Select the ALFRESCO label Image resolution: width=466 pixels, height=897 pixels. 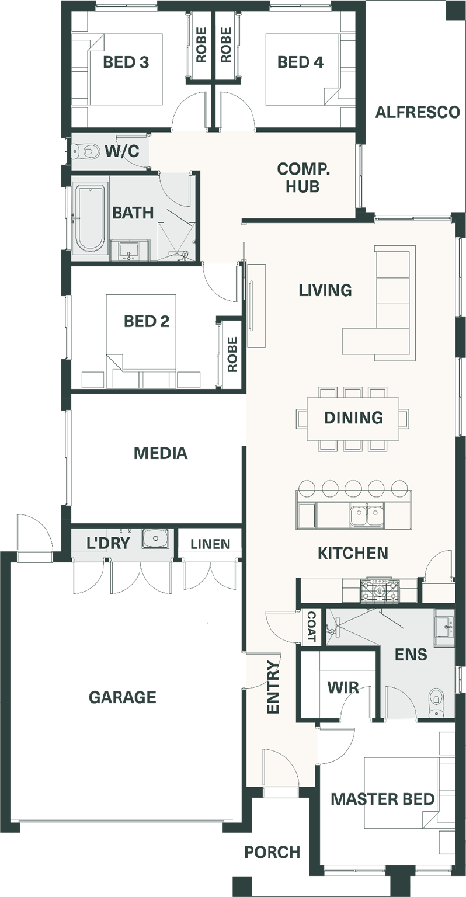[x=418, y=112]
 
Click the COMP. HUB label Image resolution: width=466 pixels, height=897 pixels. [x=304, y=178]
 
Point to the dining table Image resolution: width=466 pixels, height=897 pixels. [x=353, y=419]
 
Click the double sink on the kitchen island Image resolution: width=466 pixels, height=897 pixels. [x=366, y=516]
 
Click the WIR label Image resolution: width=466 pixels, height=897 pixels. [x=343, y=687]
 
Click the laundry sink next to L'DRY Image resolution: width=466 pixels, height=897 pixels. [x=155, y=538]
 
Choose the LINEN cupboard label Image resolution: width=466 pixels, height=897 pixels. [x=210, y=544]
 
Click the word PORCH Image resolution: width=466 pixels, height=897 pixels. [x=272, y=852]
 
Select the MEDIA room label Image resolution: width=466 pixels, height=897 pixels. [x=161, y=453]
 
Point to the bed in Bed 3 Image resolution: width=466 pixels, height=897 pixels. [x=124, y=69]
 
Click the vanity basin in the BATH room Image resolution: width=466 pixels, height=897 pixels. [x=129, y=251]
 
